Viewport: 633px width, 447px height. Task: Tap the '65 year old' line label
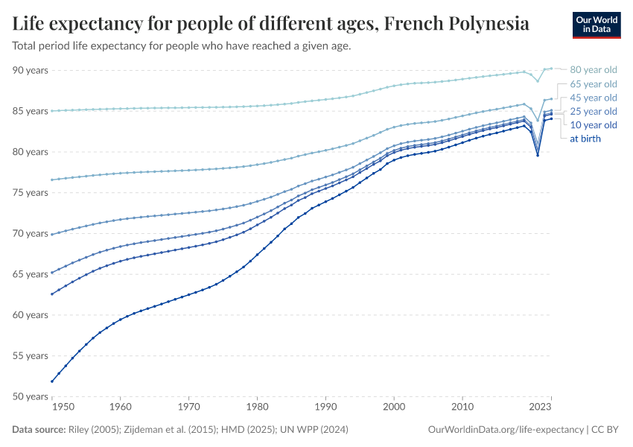click(593, 84)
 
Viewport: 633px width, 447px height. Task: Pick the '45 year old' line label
click(593, 98)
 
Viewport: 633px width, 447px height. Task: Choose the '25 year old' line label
click(593, 111)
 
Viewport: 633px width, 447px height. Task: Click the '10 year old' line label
click(593, 124)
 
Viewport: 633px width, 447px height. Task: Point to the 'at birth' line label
click(585, 139)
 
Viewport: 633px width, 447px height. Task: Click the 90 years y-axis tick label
click(30, 70)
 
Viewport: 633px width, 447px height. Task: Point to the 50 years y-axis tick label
click(30, 396)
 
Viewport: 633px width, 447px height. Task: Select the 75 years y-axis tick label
click(30, 192)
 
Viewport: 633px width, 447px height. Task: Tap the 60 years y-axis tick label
click(30, 314)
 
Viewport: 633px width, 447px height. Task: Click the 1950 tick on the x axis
click(63, 408)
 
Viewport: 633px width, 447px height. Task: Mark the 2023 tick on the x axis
click(541, 408)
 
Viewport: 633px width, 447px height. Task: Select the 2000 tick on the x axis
click(394, 408)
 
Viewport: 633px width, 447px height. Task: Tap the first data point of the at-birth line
click(52, 381)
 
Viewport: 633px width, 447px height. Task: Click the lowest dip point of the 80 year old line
click(538, 80)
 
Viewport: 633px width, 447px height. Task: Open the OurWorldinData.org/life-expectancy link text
click(506, 430)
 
